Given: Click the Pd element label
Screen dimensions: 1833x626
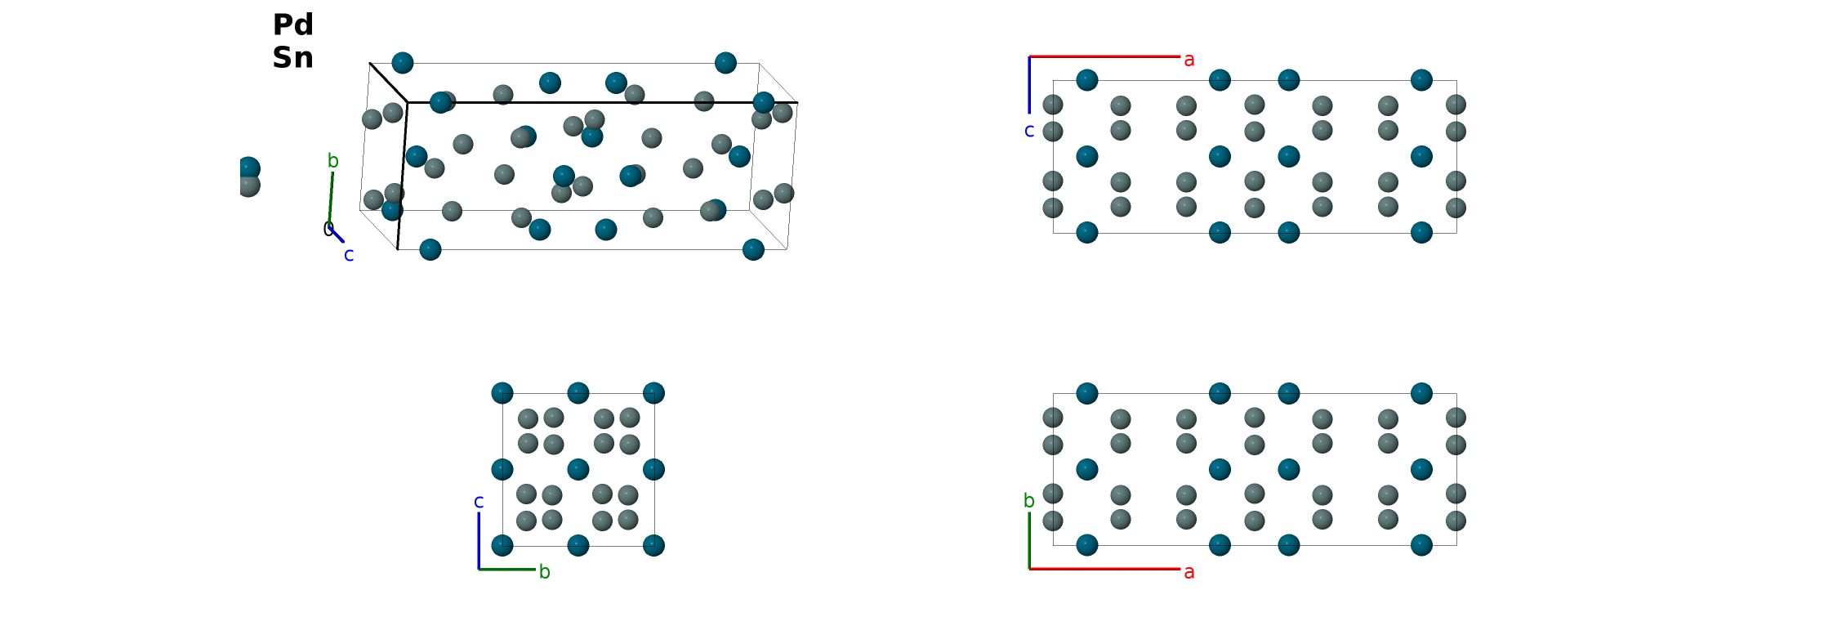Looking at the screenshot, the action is click(x=293, y=25).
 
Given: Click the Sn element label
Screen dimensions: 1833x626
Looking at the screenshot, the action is click(x=293, y=57).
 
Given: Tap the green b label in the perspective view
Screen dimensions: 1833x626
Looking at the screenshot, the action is click(x=333, y=160).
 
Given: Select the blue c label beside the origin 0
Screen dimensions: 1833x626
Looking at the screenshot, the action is click(x=349, y=255).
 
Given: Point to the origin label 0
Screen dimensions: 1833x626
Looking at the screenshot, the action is click(x=328, y=229).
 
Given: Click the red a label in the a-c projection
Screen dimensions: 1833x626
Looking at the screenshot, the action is click(x=1189, y=60).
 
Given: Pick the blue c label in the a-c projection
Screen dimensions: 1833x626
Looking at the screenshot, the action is click(x=1029, y=131).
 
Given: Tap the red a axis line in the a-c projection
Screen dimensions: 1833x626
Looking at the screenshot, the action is click(x=1104, y=56).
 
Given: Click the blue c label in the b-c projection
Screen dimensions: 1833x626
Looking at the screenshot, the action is click(x=479, y=502).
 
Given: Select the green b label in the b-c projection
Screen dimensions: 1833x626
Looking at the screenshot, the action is click(x=545, y=571).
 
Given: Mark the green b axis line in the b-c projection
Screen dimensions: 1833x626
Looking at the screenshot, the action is click(x=507, y=569).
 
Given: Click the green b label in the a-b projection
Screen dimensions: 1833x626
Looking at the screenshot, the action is click(x=1029, y=500).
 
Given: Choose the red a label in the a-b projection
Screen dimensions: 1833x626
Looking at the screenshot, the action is click(x=1189, y=572).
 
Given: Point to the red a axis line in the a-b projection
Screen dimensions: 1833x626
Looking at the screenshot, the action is click(x=1104, y=569).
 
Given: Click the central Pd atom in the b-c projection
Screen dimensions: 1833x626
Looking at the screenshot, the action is click(x=578, y=469).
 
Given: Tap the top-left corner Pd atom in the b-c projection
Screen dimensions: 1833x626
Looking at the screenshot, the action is click(x=502, y=393).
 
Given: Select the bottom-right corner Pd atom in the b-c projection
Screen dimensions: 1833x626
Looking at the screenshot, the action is click(x=653, y=545).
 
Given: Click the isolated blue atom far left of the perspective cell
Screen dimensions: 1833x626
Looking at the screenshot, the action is click(x=248, y=169).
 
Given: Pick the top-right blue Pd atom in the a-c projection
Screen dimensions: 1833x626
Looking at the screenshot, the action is click(x=1421, y=80).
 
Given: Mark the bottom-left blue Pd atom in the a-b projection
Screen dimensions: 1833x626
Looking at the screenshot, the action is click(x=1087, y=545).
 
